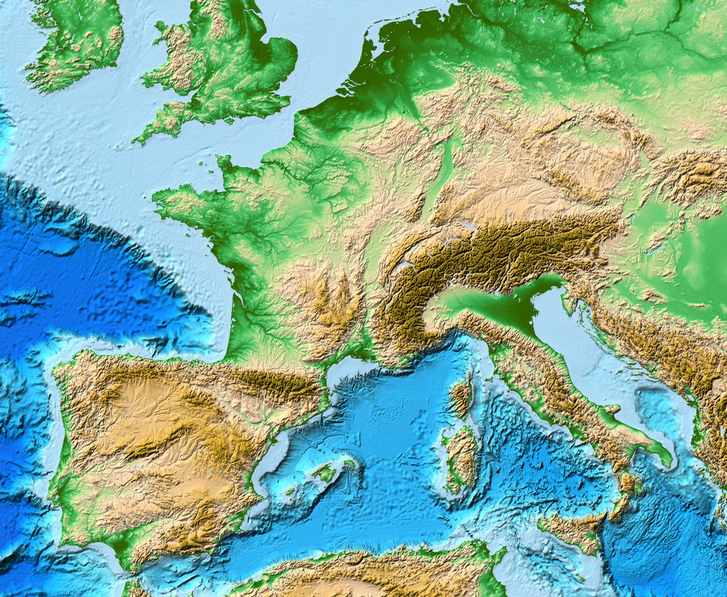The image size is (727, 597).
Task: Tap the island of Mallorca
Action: pos(327,472)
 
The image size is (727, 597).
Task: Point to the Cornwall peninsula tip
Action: pos(135,140)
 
